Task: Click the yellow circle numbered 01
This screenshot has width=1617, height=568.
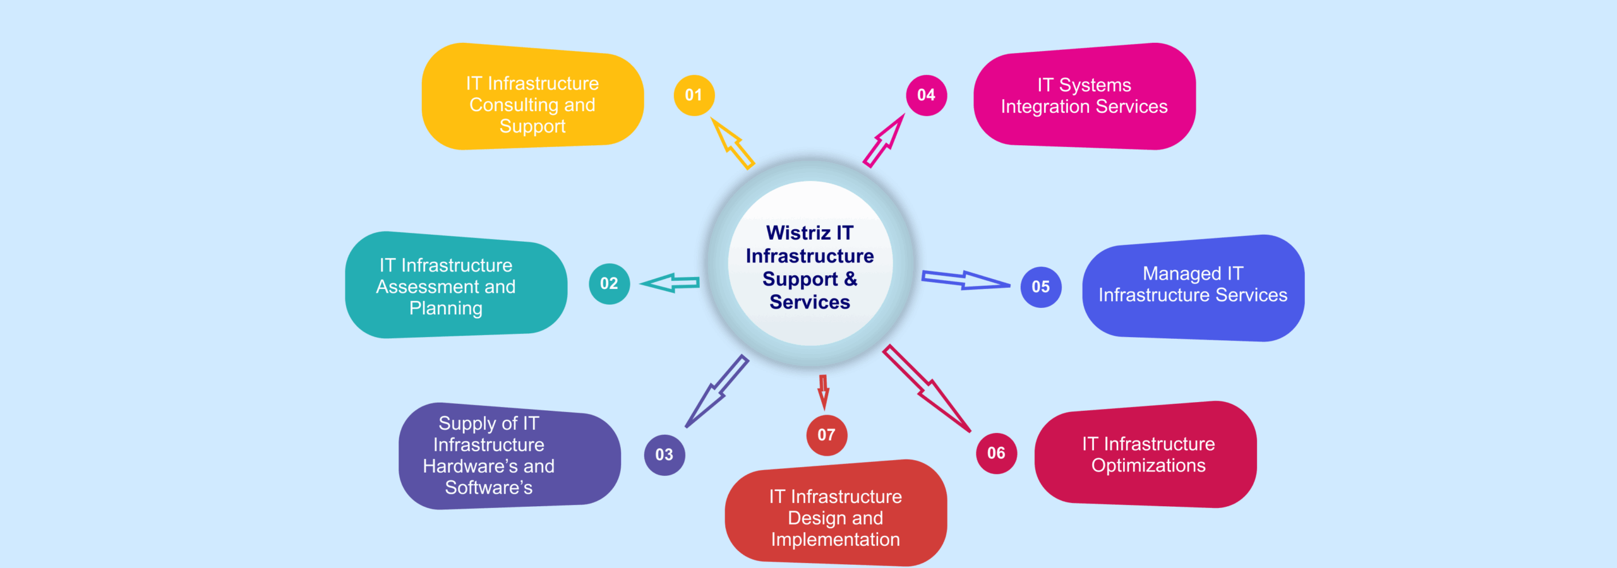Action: pos(694,95)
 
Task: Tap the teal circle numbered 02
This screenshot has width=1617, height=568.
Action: pos(609,283)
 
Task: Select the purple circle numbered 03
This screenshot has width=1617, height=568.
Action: pos(664,454)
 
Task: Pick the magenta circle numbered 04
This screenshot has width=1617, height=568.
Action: pos(926,95)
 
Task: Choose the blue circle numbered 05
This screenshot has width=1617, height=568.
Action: pos(1040,287)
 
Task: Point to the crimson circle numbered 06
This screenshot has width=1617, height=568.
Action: pos(996,453)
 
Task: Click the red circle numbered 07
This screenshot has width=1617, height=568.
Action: pos(826,435)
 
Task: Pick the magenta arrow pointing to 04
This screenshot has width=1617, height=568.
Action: pos(884,141)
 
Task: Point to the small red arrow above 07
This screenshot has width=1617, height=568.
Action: pos(823,392)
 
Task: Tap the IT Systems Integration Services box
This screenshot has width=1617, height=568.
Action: pos(1084,96)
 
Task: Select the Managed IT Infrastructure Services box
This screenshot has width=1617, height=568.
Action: pos(1193,287)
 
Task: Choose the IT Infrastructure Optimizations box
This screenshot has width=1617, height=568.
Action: pos(1145,454)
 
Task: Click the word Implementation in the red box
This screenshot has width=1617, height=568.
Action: pos(835,540)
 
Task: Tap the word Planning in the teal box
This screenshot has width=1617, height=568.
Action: pos(446,308)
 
